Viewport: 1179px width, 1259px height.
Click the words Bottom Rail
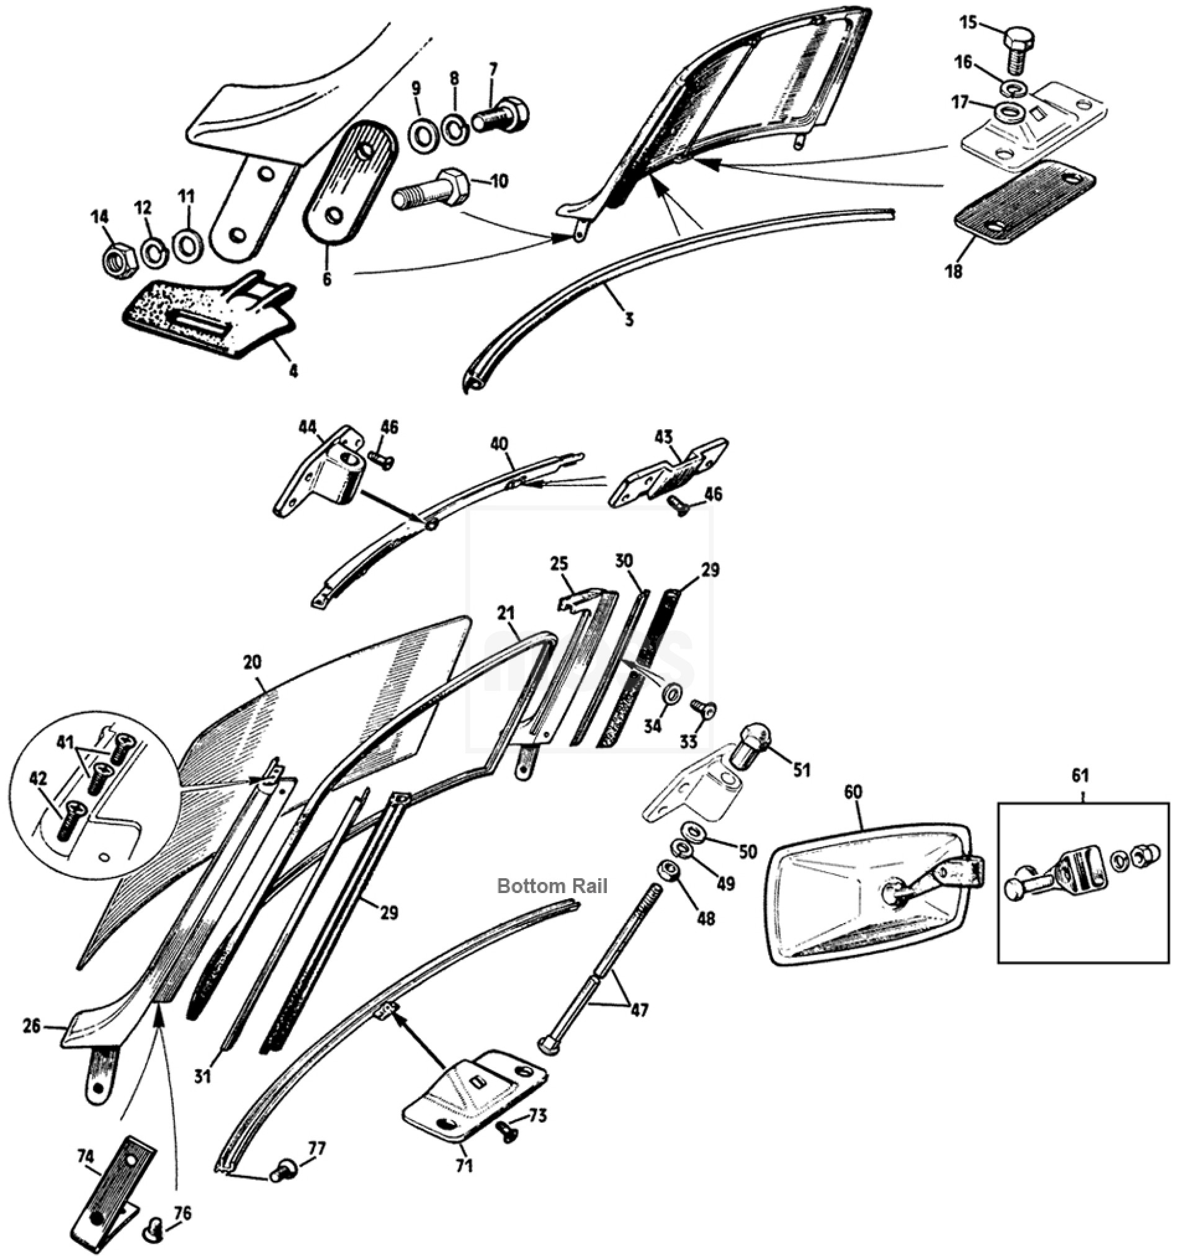[x=552, y=887]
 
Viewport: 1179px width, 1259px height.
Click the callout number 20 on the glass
[x=252, y=663]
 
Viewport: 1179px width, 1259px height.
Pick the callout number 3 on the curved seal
[x=629, y=320]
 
